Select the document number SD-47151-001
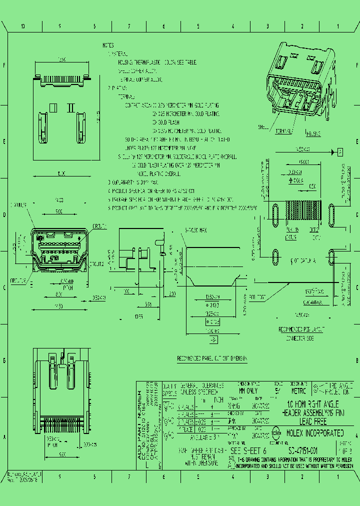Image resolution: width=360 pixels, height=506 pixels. (299, 450)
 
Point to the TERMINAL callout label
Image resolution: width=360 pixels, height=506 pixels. (283, 131)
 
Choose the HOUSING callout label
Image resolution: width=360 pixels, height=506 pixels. (313, 134)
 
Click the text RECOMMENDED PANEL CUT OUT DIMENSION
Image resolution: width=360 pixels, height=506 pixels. (212, 358)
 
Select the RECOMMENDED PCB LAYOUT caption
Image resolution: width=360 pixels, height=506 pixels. (301, 329)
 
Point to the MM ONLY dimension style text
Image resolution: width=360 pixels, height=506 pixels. (247, 391)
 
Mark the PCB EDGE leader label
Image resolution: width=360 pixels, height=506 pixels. (257, 296)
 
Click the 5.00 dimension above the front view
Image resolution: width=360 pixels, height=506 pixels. (59, 212)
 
